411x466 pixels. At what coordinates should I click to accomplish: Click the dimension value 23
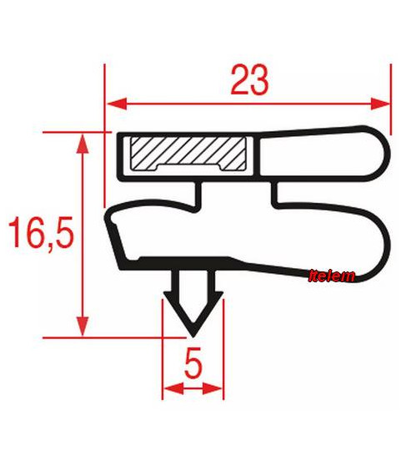click(249, 80)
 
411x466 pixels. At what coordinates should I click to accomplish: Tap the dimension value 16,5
click(41, 232)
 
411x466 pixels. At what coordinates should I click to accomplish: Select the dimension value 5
click(193, 362)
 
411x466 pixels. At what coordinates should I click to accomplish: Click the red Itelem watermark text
click(332, 276)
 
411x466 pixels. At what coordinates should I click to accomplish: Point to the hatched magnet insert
click(188, 154)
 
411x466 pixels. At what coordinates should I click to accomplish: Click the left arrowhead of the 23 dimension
click(118, 104)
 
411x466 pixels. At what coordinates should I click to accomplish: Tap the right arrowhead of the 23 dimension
click(379, 104)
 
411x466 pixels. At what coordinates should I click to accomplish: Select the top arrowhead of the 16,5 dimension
click(83, 144)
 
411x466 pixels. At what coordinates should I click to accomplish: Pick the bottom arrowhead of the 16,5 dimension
click(83, 327)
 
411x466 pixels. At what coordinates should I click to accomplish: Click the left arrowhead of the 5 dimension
click(174, 388)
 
